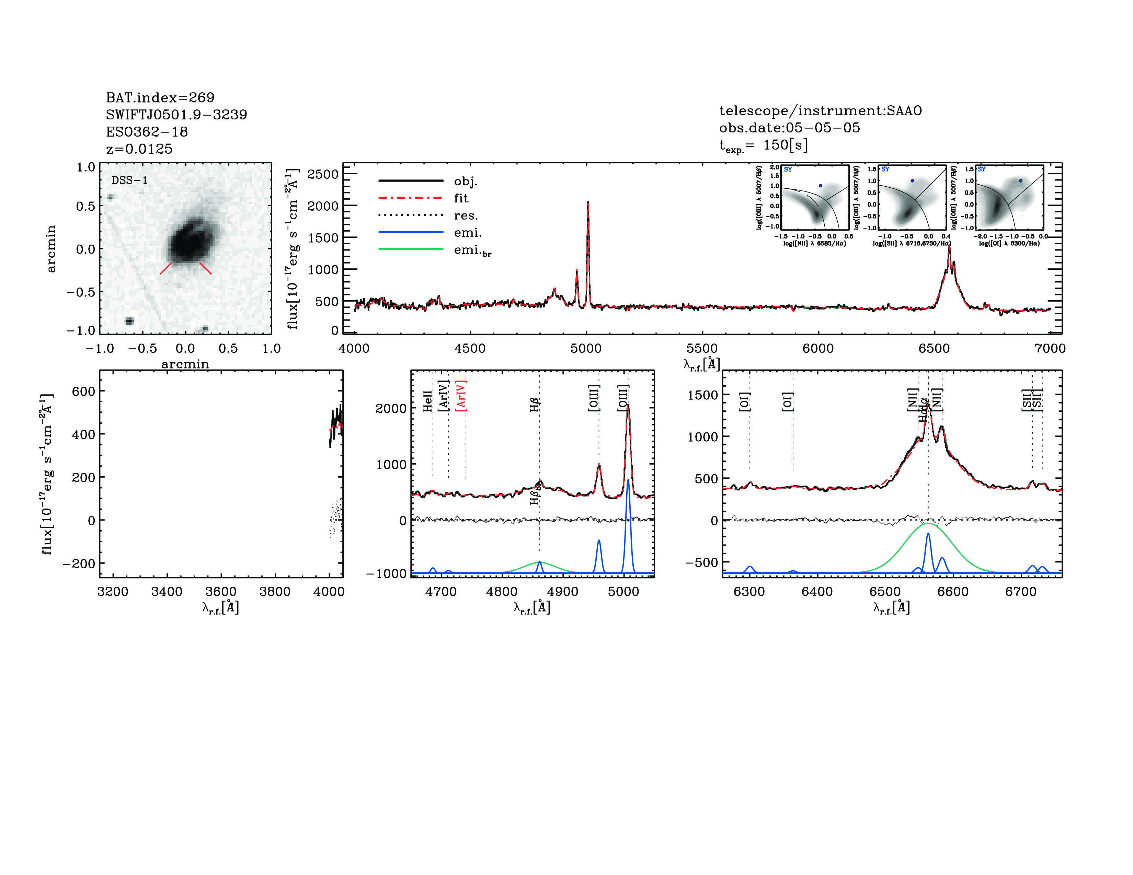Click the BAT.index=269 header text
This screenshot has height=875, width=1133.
[160, 97]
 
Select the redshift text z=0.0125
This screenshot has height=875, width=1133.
[139, 149]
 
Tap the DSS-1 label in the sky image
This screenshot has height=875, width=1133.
[130, 180]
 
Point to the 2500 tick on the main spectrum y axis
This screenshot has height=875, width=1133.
[323, 174]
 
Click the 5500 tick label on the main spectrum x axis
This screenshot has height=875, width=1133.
[701, 348]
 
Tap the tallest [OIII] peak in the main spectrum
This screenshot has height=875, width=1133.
[588, 203]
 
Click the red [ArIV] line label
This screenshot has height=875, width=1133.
[461, 396]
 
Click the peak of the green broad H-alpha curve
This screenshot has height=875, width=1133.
[928, 524]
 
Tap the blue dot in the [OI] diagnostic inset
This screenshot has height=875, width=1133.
[1020, 181]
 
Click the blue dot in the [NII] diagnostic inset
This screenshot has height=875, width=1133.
[820, 186]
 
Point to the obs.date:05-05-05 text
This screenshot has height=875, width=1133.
[789, 128]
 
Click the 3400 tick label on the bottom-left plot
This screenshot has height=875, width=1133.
[167, 592]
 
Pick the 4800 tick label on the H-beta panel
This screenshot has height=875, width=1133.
[502, 592]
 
